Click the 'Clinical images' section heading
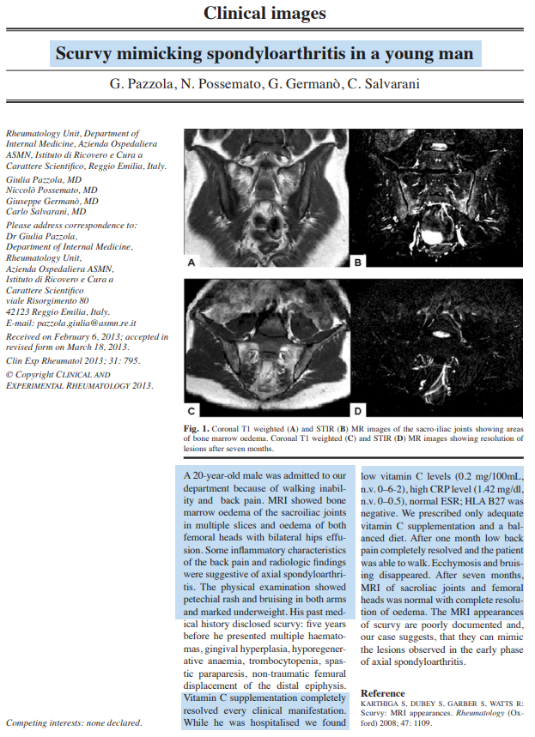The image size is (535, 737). (264, 14)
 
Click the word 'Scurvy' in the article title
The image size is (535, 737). (87, 55)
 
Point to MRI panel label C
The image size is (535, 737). (192, 409)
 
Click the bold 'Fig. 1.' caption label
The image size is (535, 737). (197, 427)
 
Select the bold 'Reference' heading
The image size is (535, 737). (383, 692)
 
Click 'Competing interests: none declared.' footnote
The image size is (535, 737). (74, 722)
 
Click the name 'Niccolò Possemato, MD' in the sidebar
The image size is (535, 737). (52, 190)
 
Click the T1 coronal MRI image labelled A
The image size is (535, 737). (268, 199)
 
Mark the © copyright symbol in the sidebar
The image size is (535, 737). (9, 375)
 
